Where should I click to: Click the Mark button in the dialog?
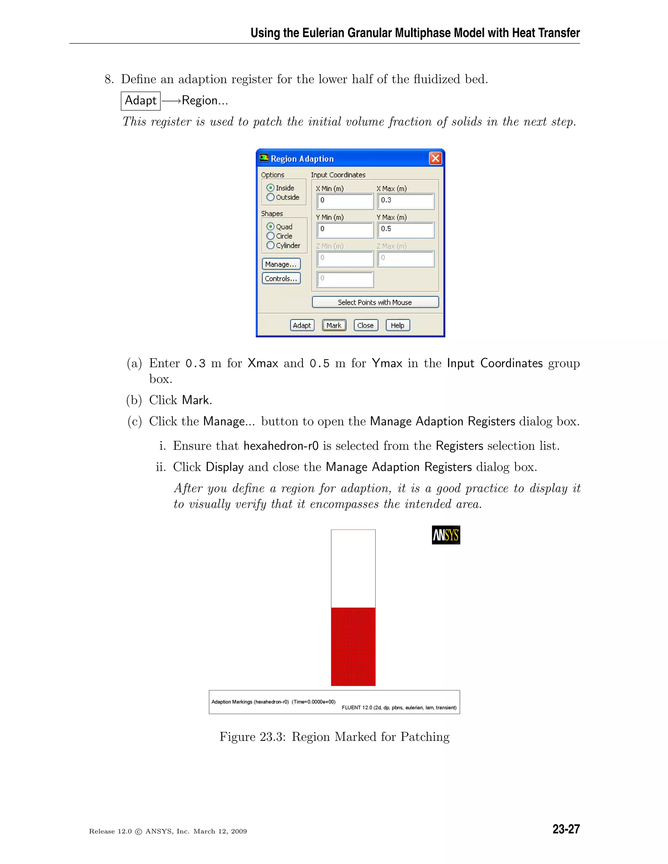334,325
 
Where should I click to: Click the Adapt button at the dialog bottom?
302,325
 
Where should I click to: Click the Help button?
397,325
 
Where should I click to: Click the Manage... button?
281,264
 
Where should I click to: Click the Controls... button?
281,278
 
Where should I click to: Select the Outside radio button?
271,197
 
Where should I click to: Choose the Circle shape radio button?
271,236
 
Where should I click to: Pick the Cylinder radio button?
271,245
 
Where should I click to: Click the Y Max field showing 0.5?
406,230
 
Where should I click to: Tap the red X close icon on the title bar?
435,159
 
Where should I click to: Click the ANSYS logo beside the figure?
446,535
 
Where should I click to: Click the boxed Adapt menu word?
141,100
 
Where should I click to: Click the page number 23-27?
566,829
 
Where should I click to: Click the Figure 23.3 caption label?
334,737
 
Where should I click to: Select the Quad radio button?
271,226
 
